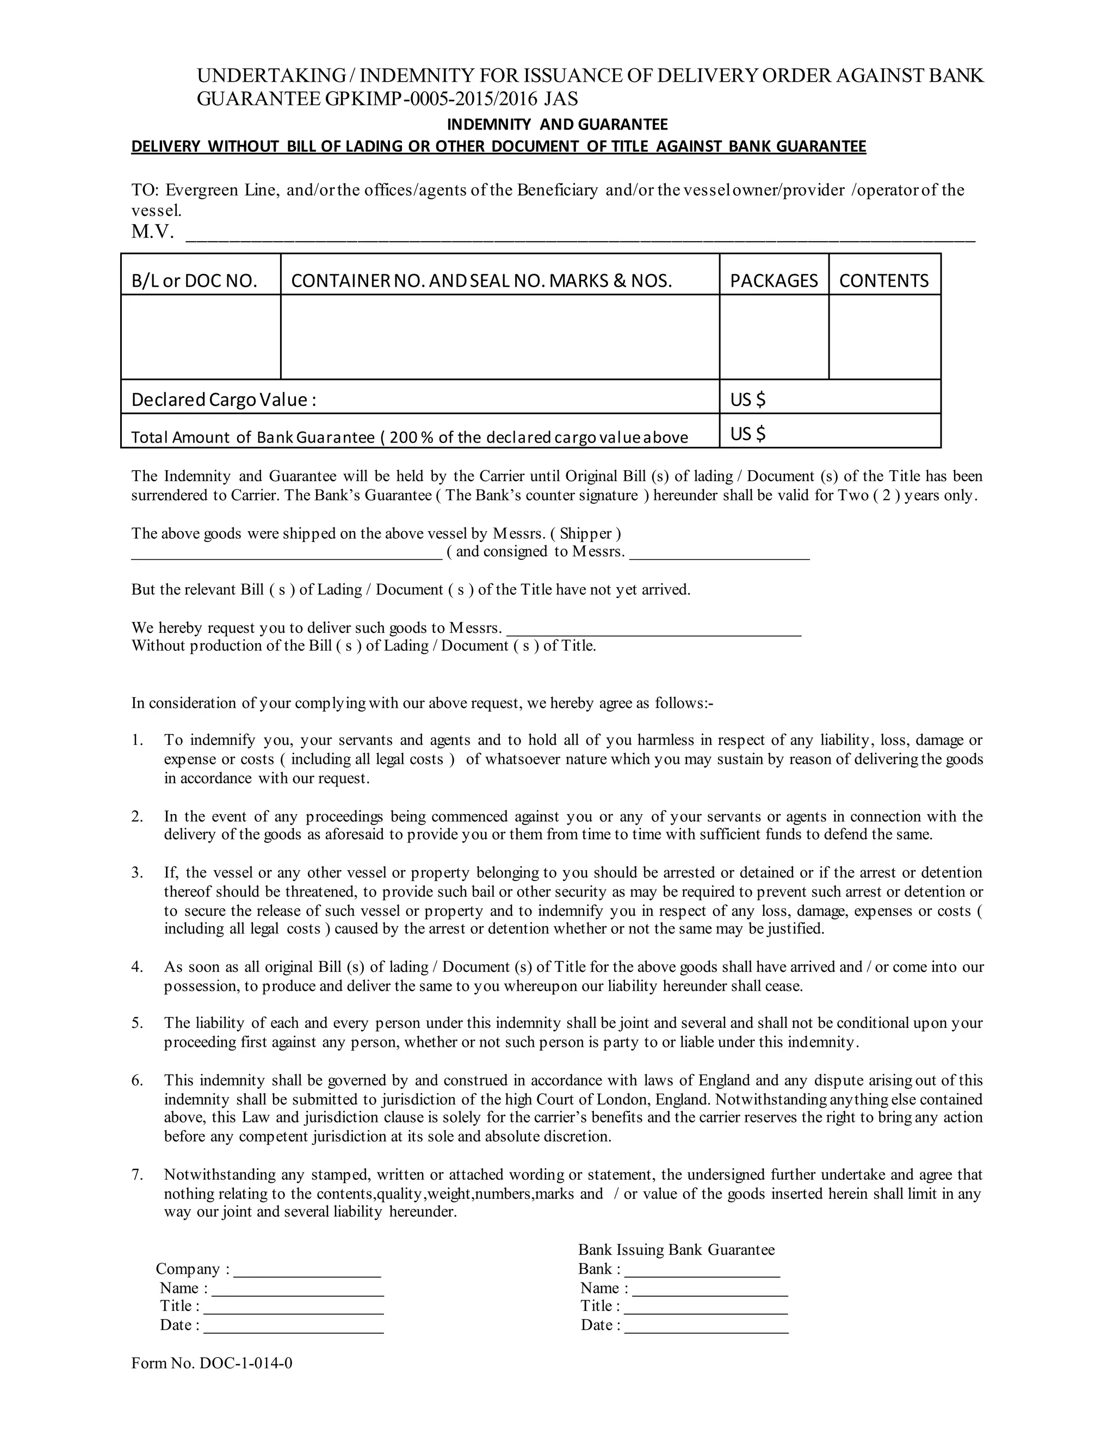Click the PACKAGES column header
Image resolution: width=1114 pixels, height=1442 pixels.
[x=773, y=281]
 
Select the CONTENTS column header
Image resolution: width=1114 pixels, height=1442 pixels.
[x=884, y=281]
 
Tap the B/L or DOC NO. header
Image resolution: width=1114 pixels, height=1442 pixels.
[x=194, y=281]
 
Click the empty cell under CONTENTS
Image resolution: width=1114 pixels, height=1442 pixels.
[x=884, y=337]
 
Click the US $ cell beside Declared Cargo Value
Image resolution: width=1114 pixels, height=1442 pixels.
[x=830, y=399]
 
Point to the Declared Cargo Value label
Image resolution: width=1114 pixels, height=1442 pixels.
[x=224, y=399]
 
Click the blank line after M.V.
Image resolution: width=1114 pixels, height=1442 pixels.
[x=581, y=236]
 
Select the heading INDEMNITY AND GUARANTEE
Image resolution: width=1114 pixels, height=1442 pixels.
[x=558, y=124]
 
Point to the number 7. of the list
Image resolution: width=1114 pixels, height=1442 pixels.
[x=137, y=1175]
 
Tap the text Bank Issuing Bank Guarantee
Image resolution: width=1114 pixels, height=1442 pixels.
[x=677, y=1249]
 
